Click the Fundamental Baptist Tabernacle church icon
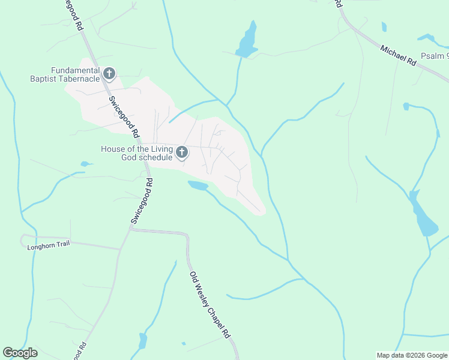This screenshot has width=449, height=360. click(109, 74)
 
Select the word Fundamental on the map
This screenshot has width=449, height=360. click(74, 70)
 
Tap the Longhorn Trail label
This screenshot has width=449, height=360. click(49, 245)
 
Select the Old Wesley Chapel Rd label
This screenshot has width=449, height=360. click(210, 304)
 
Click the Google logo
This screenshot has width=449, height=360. click(20, 353)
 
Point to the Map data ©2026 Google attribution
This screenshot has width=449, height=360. click(411, 355)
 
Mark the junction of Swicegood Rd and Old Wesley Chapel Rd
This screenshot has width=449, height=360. click(130, 229)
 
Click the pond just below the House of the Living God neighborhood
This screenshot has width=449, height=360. click(197, 185)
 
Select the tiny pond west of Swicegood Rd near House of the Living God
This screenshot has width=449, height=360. click(86, 164)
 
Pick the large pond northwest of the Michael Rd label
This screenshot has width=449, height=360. click(247, 41)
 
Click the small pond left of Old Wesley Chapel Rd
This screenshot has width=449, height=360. click(143, 341)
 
